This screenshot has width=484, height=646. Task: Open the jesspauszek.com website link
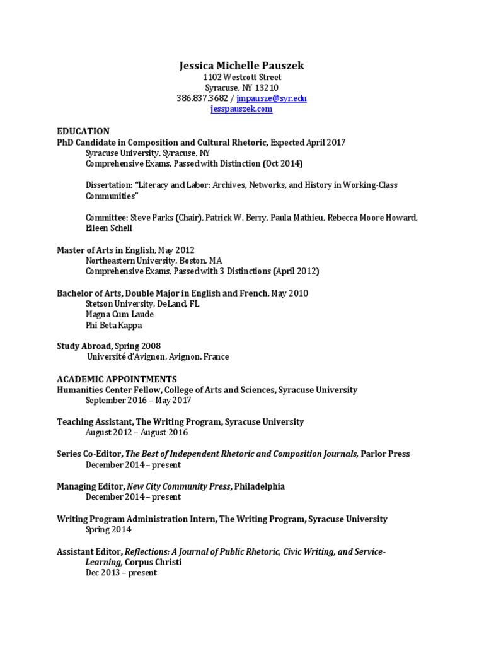coord(241,109)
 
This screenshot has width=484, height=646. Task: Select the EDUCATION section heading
coord(83,131)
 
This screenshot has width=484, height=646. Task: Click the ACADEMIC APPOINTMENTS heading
coord(117,379)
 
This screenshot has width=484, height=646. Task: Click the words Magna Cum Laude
coord(114,314)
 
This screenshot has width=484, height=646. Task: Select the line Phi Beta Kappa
coord(114,325)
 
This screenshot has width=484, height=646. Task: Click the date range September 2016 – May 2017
coord(138,401)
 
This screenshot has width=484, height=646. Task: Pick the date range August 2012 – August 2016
coord(136,433)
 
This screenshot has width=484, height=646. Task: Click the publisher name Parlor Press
coord(386,454)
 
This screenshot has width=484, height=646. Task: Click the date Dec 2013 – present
coord(121,573)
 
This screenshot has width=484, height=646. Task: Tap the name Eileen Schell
coord(109,228)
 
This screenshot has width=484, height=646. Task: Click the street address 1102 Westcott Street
coord(242,77)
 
